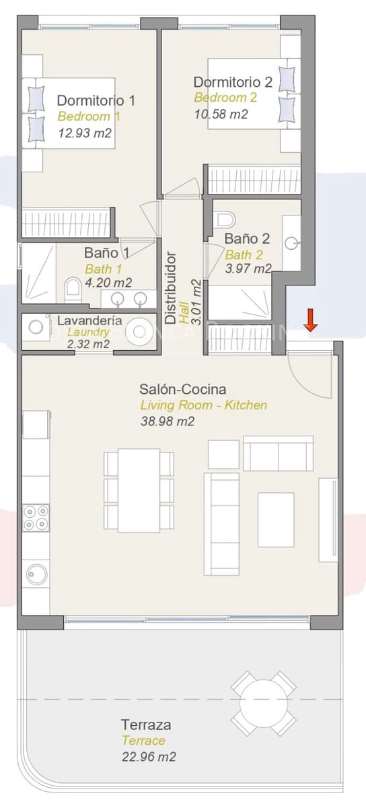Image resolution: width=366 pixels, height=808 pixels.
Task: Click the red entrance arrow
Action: coord(310,320)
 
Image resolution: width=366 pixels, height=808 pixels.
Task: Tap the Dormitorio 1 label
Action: coord(96,100)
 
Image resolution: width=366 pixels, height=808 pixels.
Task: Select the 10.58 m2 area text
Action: coord(221,114)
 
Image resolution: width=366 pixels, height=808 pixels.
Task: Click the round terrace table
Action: coord(263,702)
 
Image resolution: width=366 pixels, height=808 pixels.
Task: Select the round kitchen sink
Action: coord(35,574)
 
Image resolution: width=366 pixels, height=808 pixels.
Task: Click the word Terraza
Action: coord(145,725)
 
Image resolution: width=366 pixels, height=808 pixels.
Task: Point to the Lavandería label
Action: coord(89,321)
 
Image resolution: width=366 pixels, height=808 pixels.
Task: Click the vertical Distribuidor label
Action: coord(171,285)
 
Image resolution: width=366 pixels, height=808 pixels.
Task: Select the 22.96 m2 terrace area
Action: coord(149,757)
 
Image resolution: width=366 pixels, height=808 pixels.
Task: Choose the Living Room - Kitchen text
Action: coord(203,405)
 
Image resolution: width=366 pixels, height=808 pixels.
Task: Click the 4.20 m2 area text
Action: coord(108,283)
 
